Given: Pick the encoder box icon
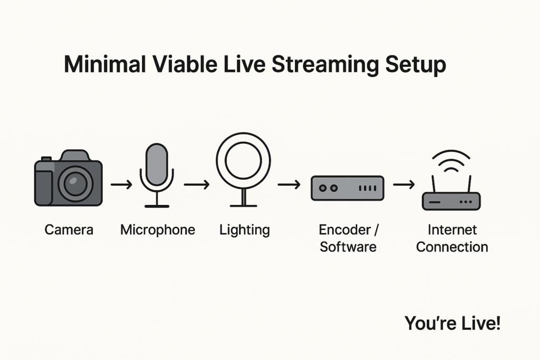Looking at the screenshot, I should point(348,188).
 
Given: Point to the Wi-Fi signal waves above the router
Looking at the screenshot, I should point(451,160).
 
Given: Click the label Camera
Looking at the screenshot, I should point(69,230).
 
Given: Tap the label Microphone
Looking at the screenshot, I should point(158,230).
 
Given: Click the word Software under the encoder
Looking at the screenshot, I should point(348,247).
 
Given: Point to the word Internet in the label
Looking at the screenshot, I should point(452,230).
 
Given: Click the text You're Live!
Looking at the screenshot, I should point(452,323).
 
